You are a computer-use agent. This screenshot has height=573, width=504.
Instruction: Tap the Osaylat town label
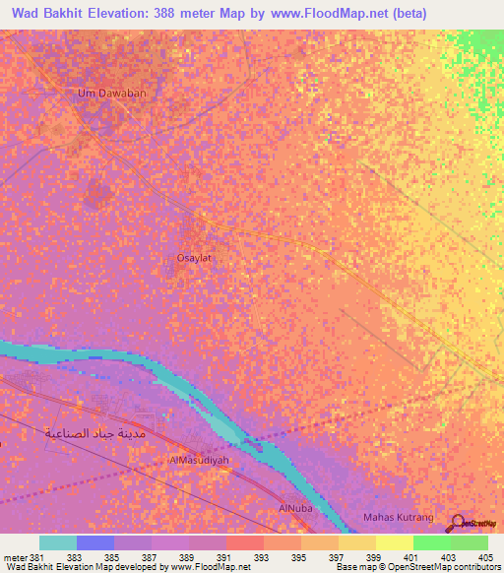194,257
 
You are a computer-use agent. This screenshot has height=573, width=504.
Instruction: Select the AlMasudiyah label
199,460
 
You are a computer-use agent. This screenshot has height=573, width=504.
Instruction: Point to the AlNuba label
295,508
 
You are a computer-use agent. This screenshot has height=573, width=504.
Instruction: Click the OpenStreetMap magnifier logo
459,522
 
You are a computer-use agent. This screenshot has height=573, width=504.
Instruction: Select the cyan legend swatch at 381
58,542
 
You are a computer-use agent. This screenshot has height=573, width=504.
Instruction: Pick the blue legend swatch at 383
95,542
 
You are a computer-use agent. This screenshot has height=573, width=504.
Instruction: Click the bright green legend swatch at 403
432,542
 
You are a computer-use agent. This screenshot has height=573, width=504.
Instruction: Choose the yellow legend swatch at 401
395,542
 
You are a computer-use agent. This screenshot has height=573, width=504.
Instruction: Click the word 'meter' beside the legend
17,557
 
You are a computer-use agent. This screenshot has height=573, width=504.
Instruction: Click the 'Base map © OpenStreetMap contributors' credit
415,567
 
